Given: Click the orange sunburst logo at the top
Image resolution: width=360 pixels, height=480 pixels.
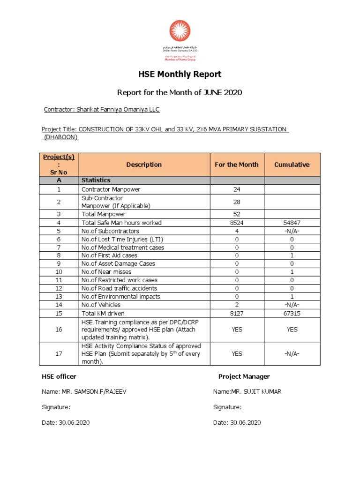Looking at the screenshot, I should (180, 32).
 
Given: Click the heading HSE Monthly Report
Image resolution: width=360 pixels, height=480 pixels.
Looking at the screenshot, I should (180, 74).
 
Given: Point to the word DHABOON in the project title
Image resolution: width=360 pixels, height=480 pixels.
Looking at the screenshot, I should (60, 137).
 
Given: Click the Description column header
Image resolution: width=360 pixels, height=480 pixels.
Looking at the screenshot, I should (144, 165).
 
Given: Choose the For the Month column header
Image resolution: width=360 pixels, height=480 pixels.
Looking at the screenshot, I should (237, 165).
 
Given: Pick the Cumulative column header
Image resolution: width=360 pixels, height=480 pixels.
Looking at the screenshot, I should (292, 165).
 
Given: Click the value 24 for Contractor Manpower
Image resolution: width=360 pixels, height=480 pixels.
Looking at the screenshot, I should (237, 190).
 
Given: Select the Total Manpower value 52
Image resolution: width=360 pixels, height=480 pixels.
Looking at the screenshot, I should (237, 214).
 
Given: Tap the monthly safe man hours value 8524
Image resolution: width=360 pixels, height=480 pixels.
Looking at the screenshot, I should (237, 223).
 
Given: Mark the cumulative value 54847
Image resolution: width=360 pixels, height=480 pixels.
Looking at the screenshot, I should (292, 223).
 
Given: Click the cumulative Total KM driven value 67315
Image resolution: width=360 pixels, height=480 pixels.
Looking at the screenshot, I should (292, 313).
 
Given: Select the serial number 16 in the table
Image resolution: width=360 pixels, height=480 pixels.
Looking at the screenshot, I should (59, 330).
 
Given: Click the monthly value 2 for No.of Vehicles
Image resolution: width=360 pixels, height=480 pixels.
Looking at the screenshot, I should (237, 305).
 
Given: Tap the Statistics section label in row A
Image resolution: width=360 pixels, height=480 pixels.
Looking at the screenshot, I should (96, 180).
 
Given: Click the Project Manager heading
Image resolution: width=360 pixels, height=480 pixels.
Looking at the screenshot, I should (244, 376).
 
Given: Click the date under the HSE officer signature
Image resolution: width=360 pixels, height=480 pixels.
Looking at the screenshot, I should (74, 422).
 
